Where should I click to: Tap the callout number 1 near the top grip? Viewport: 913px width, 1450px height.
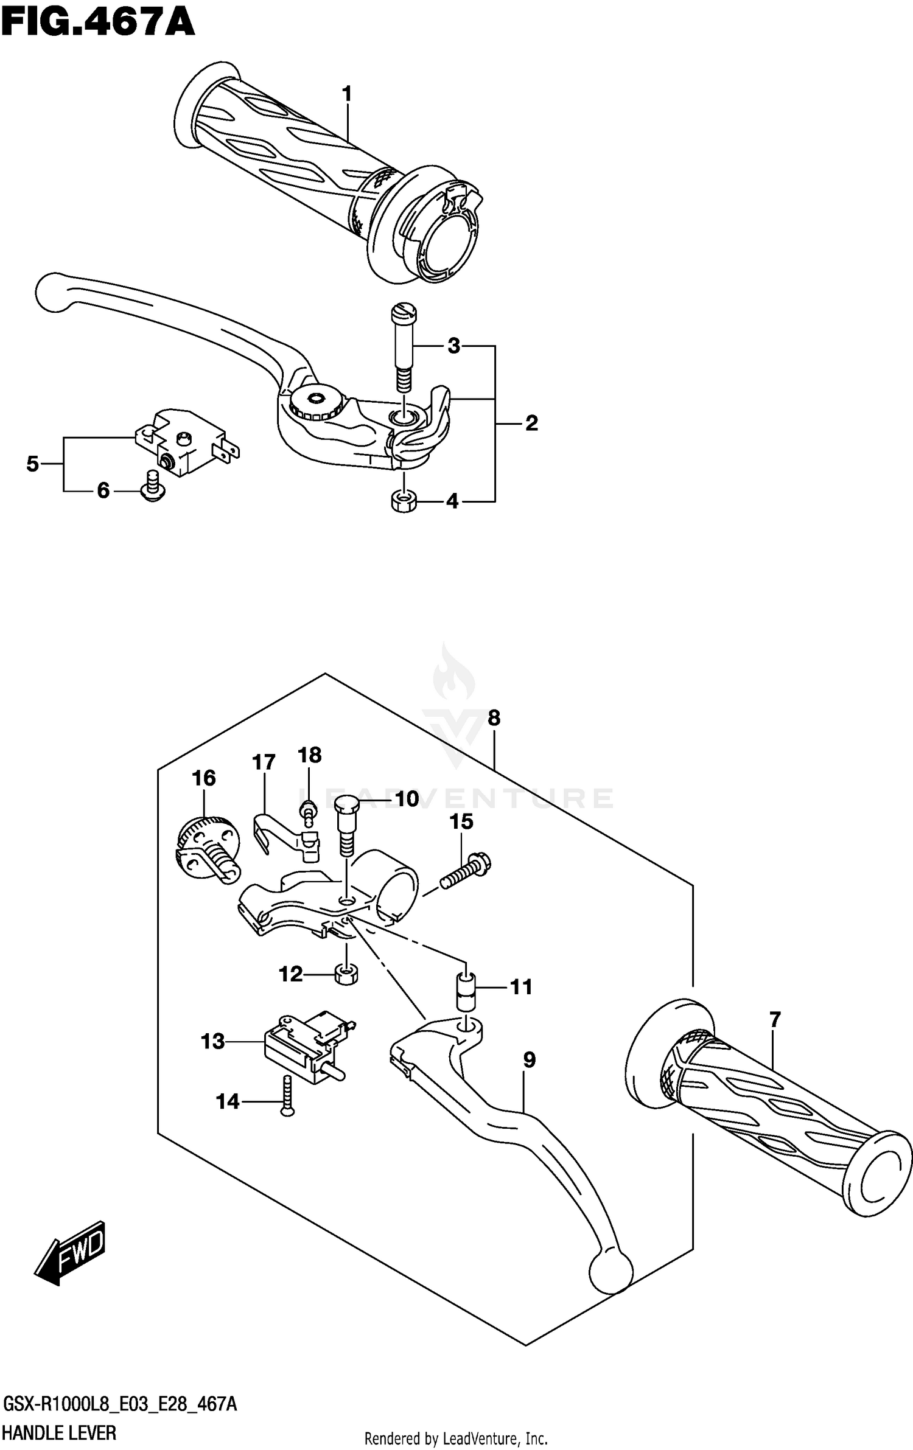(347, 94)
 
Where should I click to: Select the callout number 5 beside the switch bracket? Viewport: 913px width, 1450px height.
(33, 464)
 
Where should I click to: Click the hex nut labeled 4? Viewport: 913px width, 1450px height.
(402, 501)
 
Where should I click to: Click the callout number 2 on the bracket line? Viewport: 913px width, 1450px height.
(531, 423)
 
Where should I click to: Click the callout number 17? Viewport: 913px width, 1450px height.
(264, 762)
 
